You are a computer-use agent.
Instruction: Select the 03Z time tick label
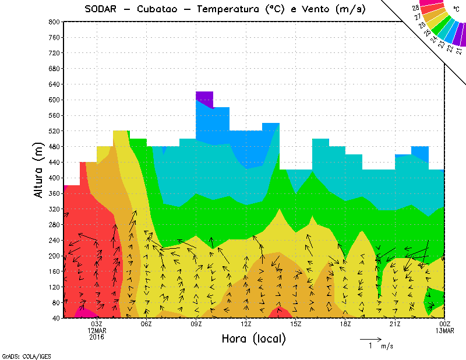97,324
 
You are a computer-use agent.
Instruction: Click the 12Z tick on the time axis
246,324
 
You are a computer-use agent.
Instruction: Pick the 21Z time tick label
395,324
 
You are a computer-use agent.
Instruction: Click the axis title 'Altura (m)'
39,170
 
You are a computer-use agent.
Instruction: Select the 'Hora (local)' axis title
253,338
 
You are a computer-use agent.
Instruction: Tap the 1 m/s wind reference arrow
370,338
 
